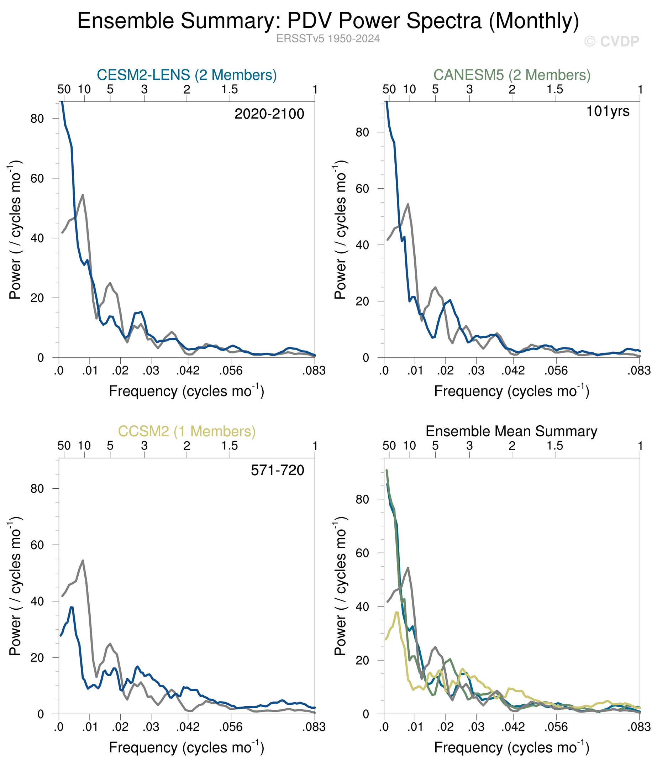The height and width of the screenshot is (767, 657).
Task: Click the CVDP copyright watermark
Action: tap(611, 41)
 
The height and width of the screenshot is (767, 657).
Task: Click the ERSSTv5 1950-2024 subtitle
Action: tap(328, 39)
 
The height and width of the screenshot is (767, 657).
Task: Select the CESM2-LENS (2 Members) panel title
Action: tap(186, 75)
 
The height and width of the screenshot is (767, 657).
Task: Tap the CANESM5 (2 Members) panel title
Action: tap(511, 75)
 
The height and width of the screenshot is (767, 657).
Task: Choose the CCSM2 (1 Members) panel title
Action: tap(186, 431)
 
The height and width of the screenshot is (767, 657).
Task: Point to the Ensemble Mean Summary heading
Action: tap(511, 431)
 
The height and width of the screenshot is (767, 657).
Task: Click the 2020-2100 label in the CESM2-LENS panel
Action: tap(269, 114)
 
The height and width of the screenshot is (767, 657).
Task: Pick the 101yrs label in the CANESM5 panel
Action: tap(608, 111)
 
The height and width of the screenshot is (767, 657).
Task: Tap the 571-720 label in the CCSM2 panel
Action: tap(277, 470)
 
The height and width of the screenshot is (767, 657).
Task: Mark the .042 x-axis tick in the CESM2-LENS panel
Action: tap(188, 371)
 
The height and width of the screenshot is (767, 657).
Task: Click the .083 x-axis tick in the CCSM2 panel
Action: tap(314, 727)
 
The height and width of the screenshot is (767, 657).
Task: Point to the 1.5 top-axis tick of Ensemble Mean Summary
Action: tap(555, 446)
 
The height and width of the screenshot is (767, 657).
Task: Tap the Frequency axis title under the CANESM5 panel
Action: tap(511, 391)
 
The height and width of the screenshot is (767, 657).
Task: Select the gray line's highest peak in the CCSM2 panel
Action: tap(83, 561)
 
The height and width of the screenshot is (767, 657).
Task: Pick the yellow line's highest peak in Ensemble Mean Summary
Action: tap(397, 612)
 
